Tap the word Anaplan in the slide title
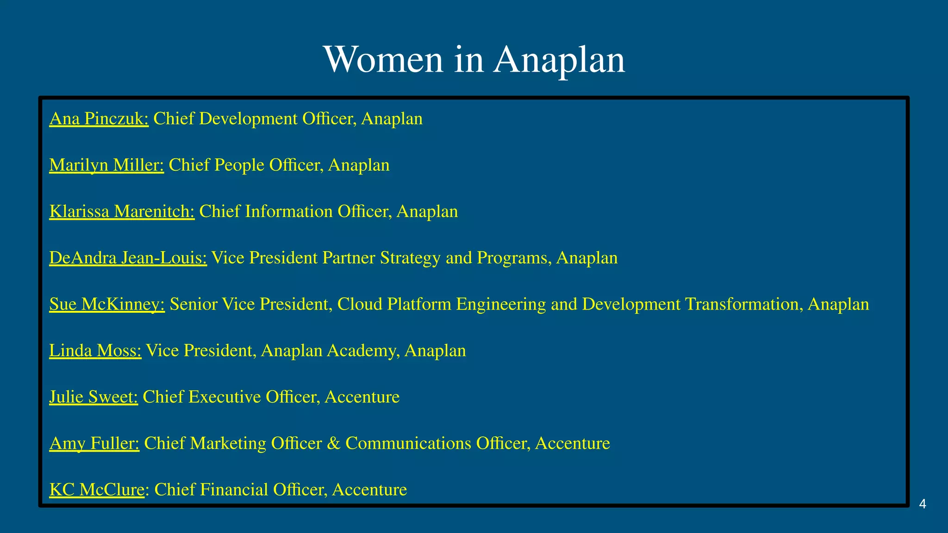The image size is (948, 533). coord(559,60)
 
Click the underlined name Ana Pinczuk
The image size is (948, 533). coord(99,119)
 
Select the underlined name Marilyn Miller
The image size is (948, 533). coord(106,165)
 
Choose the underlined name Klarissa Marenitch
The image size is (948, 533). coord(122,211)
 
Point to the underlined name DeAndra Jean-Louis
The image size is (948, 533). coord(128,258)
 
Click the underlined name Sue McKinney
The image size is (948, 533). coord(107,304)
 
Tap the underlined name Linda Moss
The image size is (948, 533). coord(95,350)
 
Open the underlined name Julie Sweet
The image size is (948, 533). coord(94,397)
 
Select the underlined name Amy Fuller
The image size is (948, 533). coord(94,443)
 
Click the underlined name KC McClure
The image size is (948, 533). coord(97,490)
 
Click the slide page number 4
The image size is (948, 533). coord(923,504)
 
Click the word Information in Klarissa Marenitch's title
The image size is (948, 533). coord(288,211)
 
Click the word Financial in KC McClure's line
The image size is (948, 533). coord(236,490)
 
